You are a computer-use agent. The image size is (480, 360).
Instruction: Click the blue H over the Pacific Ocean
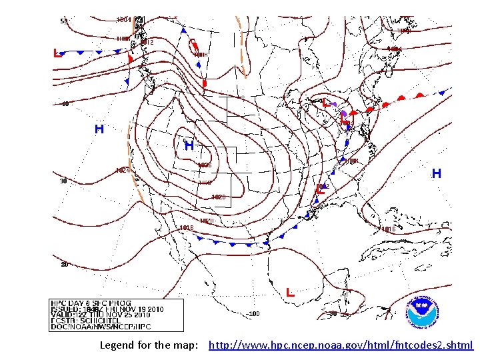click(99, 129)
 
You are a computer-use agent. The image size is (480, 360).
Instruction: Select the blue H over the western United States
click(189, 145)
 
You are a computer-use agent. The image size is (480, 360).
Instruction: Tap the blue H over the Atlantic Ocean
click(437, 174)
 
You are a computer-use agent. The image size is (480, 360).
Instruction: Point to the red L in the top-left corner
click(58, 53)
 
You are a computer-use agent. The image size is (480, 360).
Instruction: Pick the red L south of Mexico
click(290, 293)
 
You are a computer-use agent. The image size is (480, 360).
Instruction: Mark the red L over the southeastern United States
click(320, 190)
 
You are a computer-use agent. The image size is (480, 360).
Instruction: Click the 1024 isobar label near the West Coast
click(123, 171)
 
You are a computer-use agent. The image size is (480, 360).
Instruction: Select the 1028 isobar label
click(205, 165)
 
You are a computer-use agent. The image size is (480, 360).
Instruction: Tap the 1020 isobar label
click(218, 197)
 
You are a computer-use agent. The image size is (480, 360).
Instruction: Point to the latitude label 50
click(64, 21)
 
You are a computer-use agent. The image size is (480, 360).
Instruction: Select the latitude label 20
click(65, 265)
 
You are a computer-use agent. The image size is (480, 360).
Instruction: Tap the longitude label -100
click(253, 313)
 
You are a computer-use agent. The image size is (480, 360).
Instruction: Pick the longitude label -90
click(333, 313)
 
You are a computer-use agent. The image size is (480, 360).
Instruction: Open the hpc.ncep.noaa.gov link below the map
click(341, 345)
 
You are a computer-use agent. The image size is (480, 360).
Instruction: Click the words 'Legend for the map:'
click(149, 345)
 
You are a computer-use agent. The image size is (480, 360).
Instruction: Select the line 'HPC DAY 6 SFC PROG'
click(91, 303)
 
